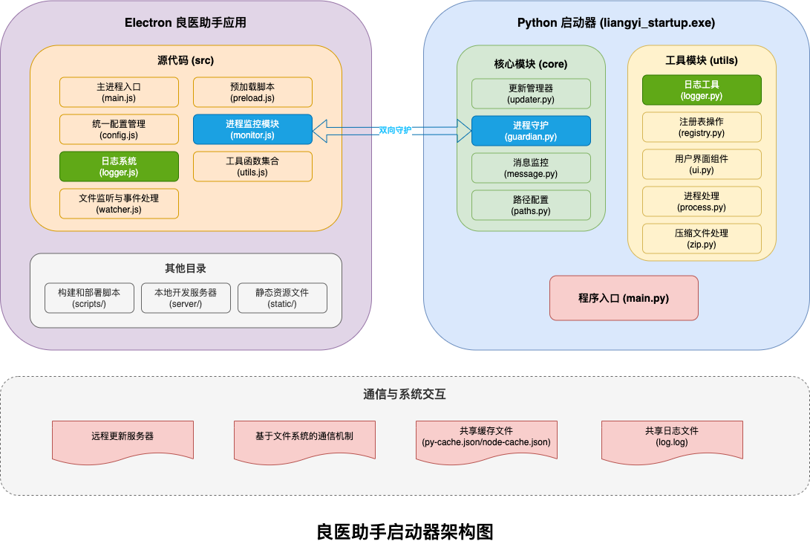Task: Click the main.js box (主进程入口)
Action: tap(119, 92)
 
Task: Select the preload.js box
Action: tap(252, 92)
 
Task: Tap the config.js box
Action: tap(119, 129)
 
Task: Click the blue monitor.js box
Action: tap(252, 129)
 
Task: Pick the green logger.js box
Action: tap(119, 166)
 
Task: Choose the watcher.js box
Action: tap(119, 204)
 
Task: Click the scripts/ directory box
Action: tap(89, 298)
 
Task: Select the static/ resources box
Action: tap(282, 298)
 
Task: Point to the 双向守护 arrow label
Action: tap(395, 130)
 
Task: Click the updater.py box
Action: tap(531, 94)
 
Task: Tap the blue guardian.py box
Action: tap(531, 131)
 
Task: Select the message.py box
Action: tap(531, 168)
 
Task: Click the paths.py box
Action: tap(531, 205)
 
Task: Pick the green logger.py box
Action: tap(702, 90)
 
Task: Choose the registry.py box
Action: tap(702, 127)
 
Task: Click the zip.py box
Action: tap(702, 239)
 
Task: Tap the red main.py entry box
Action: tap(624, 298)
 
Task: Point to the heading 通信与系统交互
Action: tap(405, 395)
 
